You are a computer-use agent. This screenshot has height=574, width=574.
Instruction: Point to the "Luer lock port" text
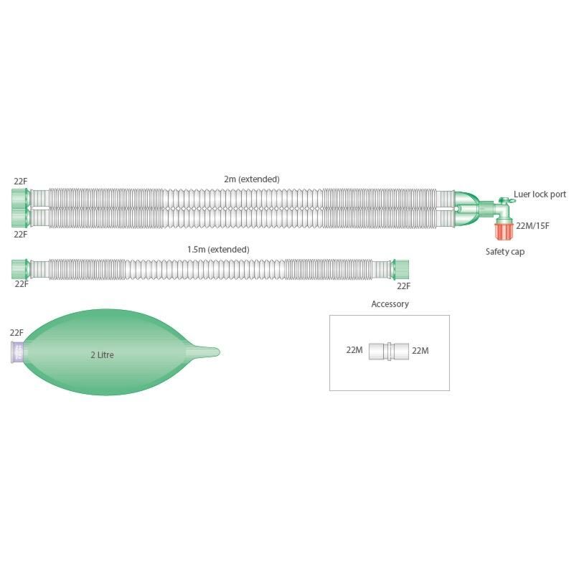540,194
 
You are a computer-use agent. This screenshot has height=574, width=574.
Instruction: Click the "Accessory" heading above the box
390,304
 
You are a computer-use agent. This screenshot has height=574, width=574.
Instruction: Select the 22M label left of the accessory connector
355,350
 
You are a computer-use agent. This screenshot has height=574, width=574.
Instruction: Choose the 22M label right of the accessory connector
420,350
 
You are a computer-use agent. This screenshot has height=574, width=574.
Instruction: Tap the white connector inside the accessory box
388,351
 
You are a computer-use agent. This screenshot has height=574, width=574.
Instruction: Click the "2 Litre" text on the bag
102,354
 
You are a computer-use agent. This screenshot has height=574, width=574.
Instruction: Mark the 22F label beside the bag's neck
17,332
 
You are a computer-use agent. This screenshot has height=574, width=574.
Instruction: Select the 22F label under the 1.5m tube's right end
404,285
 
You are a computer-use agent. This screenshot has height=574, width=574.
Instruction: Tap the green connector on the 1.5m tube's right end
402,269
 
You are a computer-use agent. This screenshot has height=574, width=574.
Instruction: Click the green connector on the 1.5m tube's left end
21,269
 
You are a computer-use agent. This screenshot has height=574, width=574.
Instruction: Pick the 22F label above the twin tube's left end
20,180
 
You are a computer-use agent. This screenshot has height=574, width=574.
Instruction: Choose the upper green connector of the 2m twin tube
21,197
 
